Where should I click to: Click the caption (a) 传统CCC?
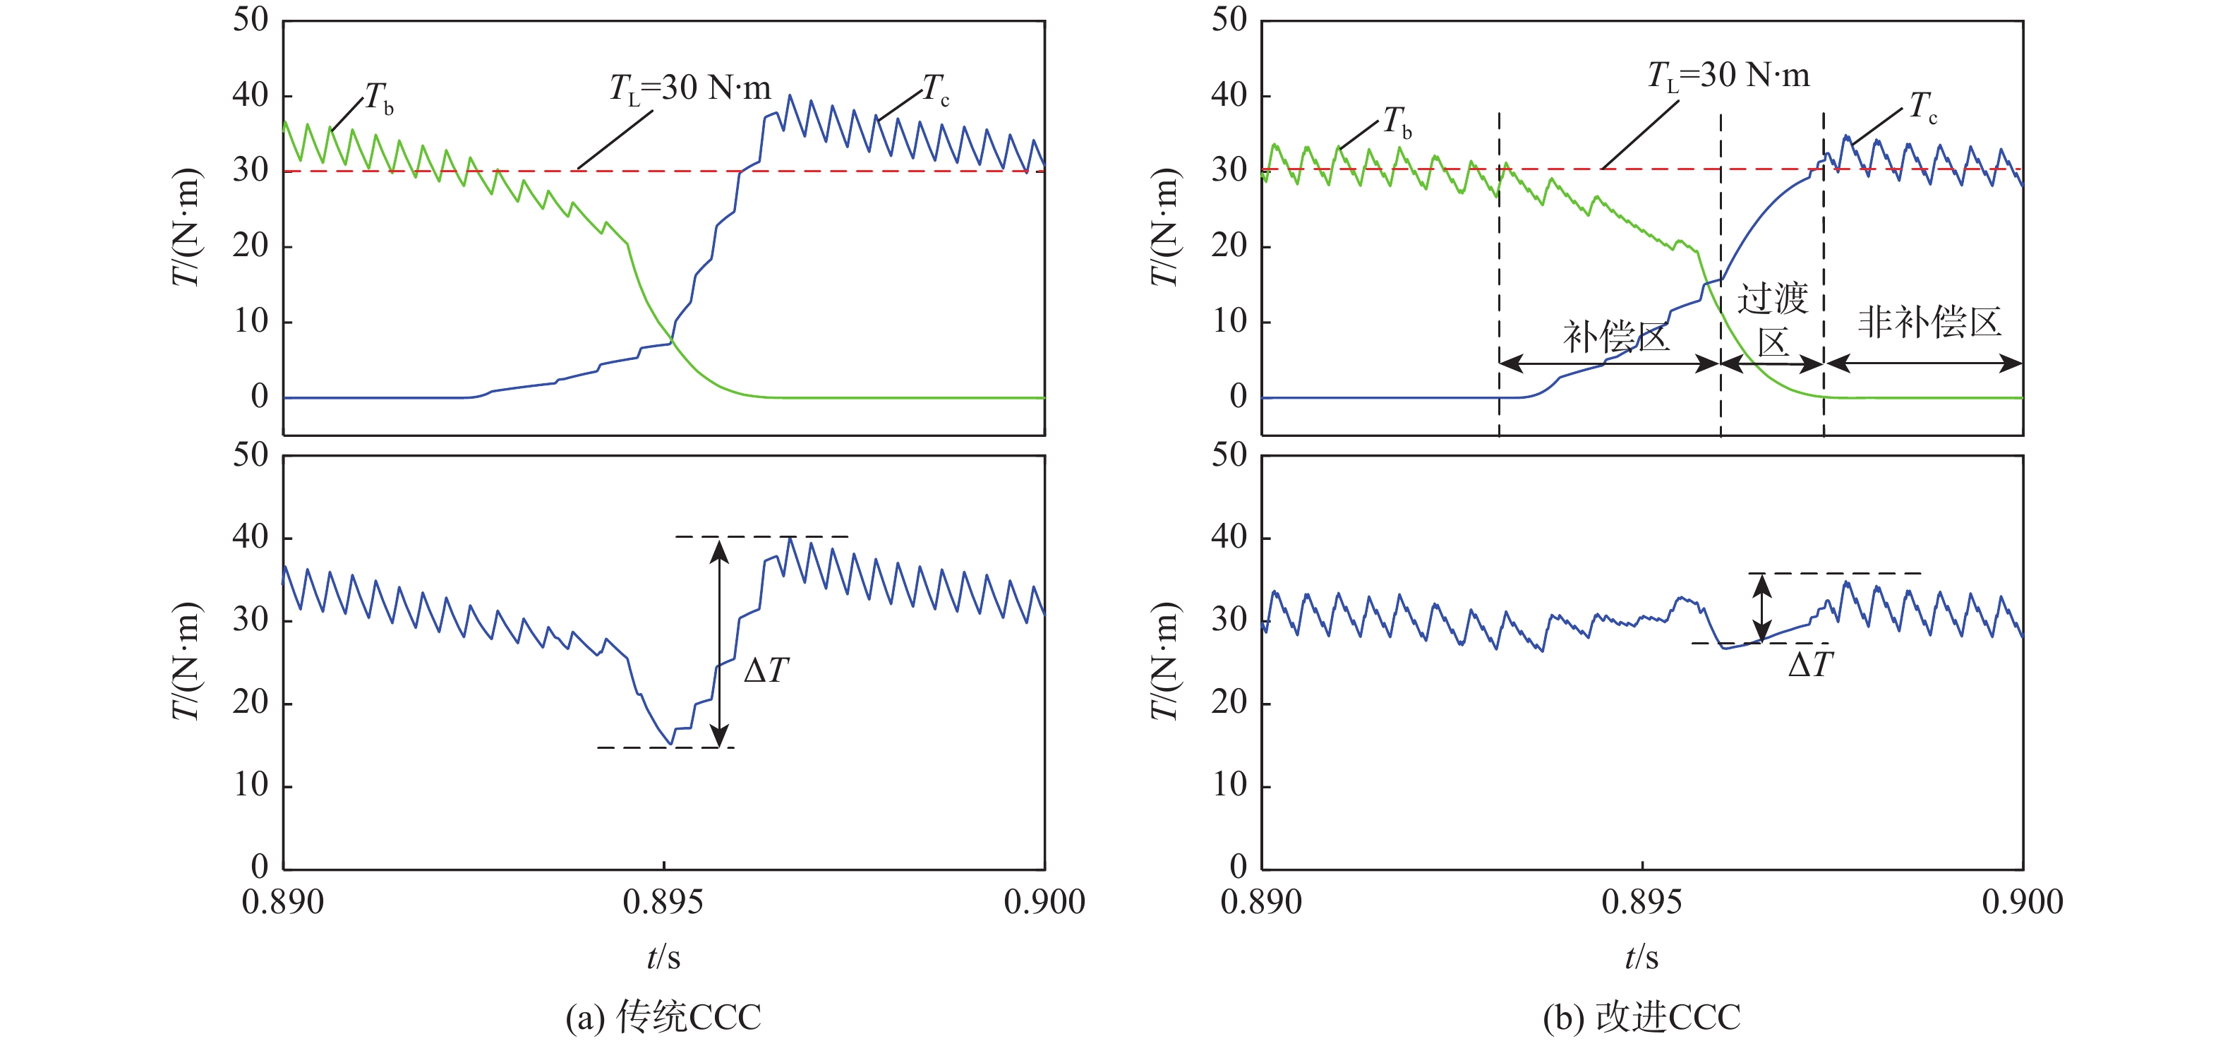(x=663, y=1017)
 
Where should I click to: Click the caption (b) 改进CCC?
(x=1641, y=1017)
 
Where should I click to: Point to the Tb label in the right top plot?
(x=1397, y=123)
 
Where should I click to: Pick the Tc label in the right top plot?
(x=1922, y=108)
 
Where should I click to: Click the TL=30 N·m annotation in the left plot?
(x=689, y=89)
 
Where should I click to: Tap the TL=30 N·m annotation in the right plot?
(x=1728, y=77)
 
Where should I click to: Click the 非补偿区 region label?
(x=1929, y=323)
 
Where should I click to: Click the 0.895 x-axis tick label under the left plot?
(x=663, y=903)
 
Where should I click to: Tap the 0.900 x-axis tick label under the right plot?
(x=2022, y=903)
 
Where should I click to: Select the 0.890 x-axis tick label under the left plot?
(x=283, y=903)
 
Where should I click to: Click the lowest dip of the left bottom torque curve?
(x=670, y=743)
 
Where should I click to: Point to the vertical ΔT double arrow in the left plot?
(x=719, y=642)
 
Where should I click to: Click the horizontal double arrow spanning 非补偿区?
(x=1922, y=363)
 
